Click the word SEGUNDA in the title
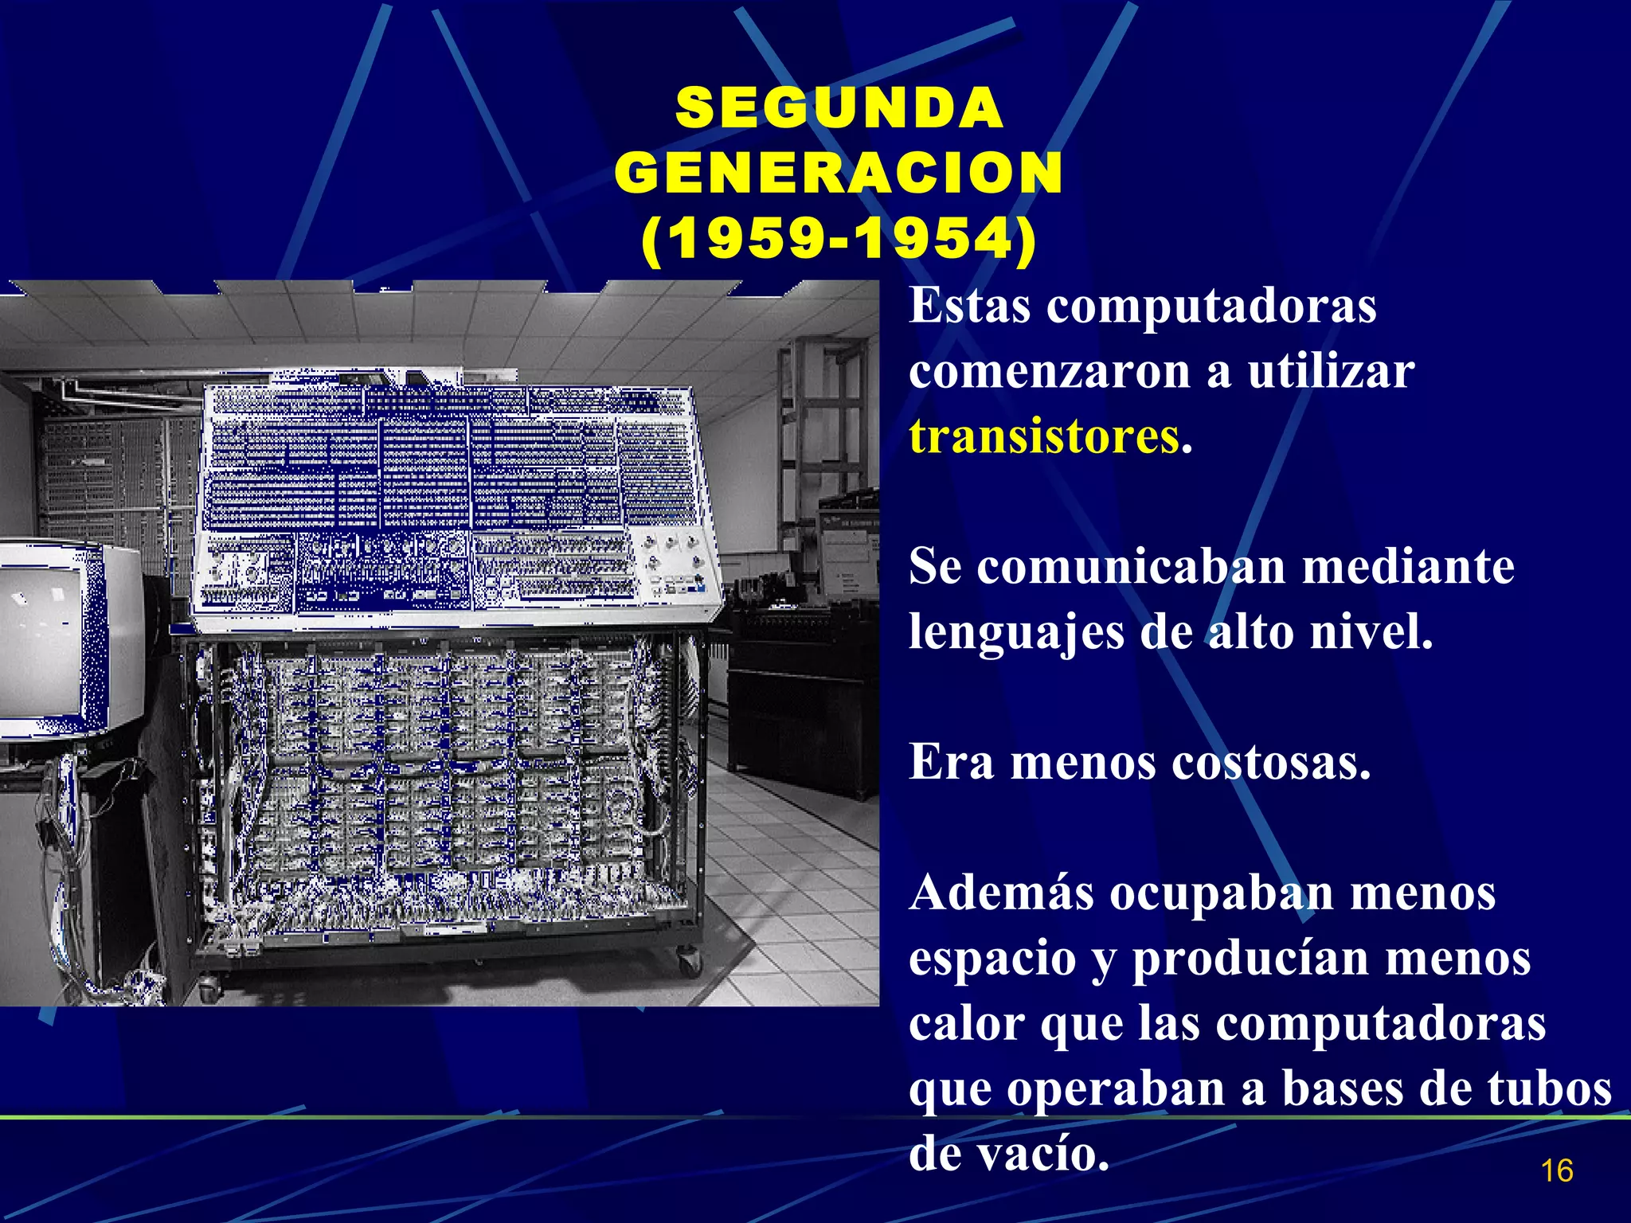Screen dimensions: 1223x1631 pos(839,108)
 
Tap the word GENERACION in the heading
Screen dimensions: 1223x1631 pos(839,173)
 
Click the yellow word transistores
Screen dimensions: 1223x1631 pos(1044,437)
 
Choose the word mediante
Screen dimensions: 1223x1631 pos(1409,567)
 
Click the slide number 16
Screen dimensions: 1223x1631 pos(1557,1171)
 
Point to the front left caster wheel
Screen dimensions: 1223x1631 pos(209,991)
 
